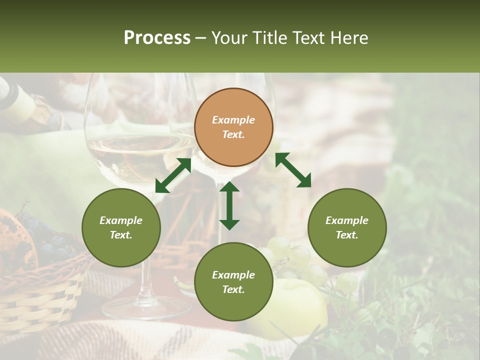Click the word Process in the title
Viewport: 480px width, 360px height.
(157, 38)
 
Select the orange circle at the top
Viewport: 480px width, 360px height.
(233, 127)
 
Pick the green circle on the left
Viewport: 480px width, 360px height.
(121, 228)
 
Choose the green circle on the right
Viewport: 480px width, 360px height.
(347, 228)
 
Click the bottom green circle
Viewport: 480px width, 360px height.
(233, 282)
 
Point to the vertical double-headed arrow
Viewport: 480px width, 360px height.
(229, 205)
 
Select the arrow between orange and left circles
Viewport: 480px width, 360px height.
(173, 175)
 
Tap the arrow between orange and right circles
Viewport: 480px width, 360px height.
(293, 170)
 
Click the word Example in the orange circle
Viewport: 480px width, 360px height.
(233, 120)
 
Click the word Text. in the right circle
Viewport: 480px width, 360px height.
(347, 235)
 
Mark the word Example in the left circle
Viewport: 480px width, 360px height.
(121, 220)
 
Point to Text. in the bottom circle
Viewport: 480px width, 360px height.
(233, 289)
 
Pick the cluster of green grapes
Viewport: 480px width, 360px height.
(300, 260)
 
